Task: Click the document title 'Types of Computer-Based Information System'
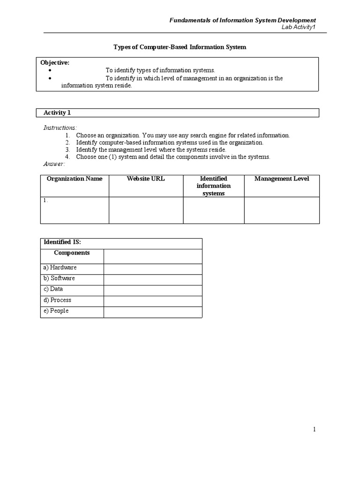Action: [x=180, y=47]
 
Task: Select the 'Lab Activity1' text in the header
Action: [x=298, y=28]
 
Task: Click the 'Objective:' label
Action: [x=55, y=63]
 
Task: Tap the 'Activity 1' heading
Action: [x=57, y=112]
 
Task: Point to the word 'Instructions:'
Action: [x=60, y=128]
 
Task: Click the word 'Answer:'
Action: [x=54, y=164]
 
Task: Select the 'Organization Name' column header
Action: [x=75, y=179]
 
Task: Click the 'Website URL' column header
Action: [x=146, y=179]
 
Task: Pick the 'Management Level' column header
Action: [x=281, y=179]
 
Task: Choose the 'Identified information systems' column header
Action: [x=213, y=186]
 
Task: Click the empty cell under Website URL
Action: [x=146, y=210]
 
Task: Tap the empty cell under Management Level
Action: [x=281, y=210]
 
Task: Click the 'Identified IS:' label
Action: [x=62, y=242]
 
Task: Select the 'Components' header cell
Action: [x=72, y=253]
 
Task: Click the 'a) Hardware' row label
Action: [x=60, y=268]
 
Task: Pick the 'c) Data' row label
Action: [x=53, y=289]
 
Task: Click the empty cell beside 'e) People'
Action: [x=153, y=312]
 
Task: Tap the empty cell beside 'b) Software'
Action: [x=153, y=279]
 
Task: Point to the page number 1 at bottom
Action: [x=315, y=429]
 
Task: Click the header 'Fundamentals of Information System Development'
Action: [x=243, y=20]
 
